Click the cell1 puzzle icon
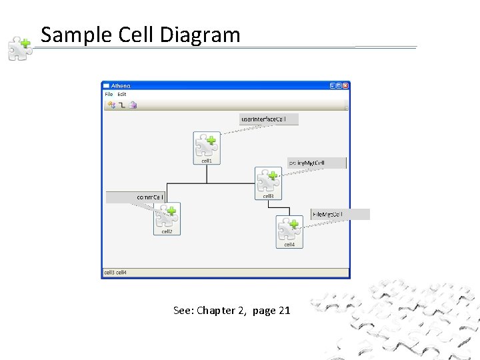(x=206, y=145)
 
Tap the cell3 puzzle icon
(x=268, y=180)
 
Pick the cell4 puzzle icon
(x=289, y=229)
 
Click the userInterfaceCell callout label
(x=269, y=119)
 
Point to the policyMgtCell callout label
(x=317, y=163)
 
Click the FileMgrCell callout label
(x=339, y=214)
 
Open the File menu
(x=109, y=95)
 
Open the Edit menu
(x=122, y=95)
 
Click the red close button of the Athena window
(x=345, y=86)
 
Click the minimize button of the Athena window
(x=332, y=86)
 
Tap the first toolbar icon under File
(x=111, y=105)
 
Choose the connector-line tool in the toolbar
(x=122, y=105)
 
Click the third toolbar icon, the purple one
(x=133, y=105)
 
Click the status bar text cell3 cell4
(x=115, y=273)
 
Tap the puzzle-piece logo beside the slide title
(x=20, y=49)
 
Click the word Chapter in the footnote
(x=215, y=311)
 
